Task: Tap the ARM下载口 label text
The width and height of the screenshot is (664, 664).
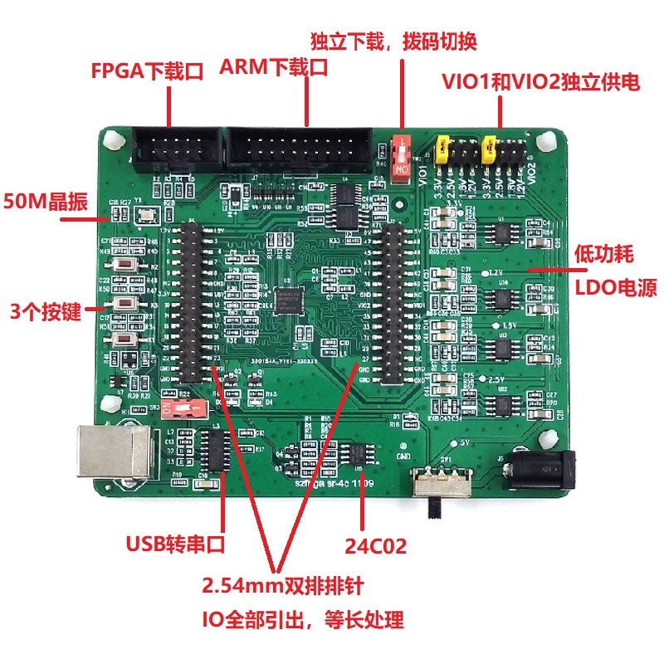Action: (x=274, y=68)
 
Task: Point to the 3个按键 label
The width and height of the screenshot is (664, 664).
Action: (x=42, y=312)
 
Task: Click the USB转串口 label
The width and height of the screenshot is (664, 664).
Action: (x=175, y=544)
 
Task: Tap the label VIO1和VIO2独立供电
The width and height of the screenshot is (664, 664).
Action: (x=540, y=81)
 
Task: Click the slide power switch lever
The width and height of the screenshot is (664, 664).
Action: (x=434, y=505)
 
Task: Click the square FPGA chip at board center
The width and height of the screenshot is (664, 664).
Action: (x=294, y=300)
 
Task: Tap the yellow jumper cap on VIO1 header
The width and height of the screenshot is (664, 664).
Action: (x=444, y=147)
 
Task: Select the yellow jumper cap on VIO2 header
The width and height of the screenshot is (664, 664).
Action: (x=491, y=147)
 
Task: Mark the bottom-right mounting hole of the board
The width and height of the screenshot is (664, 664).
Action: (x=544, y=438)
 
